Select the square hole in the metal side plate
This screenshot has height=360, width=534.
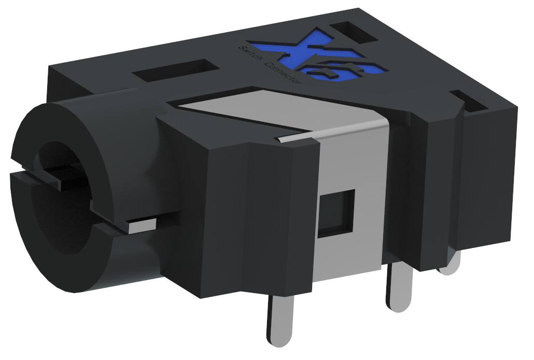(x=336, y=213)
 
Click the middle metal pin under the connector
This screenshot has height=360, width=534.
(x=398, y=288)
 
